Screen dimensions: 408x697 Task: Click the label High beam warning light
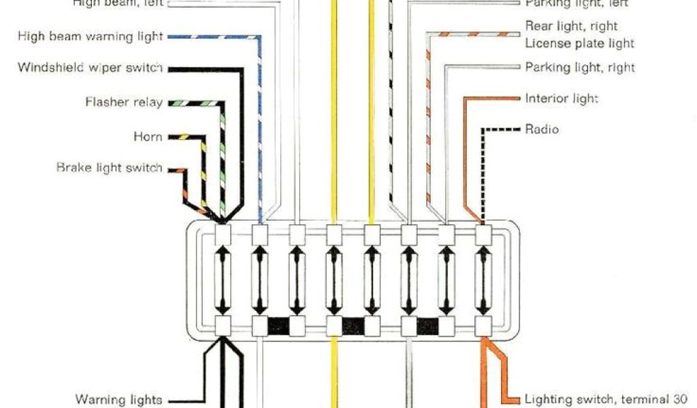90,36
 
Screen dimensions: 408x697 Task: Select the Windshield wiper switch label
90,68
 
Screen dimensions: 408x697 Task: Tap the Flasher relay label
124,103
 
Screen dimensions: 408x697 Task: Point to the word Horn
148,137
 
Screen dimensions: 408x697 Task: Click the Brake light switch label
109,167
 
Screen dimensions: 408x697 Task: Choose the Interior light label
561,99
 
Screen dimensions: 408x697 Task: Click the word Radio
542,129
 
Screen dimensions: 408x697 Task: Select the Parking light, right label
580,68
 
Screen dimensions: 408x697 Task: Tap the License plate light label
580,44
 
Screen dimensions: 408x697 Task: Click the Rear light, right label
572,27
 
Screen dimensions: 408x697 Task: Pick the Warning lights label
118,399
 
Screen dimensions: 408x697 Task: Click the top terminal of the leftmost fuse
223,235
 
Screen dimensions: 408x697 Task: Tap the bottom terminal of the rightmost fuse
483,326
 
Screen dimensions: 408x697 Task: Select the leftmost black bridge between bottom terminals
278,326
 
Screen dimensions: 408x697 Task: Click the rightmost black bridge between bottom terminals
427,326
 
